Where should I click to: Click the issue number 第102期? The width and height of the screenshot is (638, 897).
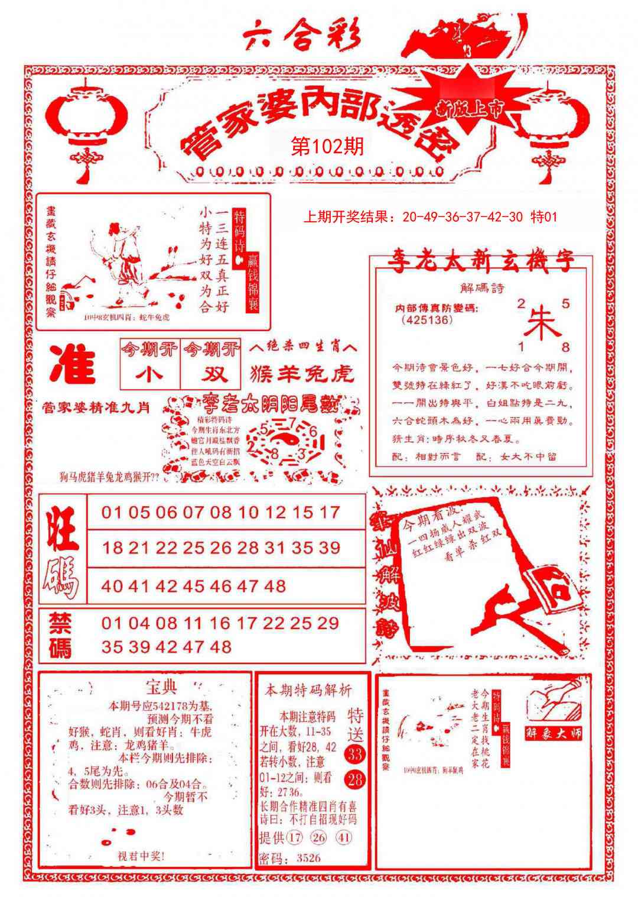coord(328,146)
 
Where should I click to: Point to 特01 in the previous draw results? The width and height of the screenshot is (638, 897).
coord(543,217)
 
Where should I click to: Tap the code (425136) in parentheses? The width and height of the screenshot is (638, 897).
coord(427,320)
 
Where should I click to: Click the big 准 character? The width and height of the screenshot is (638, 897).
coord(73,364)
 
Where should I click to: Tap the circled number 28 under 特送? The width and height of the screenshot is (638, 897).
coord(355,779)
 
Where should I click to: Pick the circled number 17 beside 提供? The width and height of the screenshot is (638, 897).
coord(295,837)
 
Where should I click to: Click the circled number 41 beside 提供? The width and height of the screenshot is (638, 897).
coord(344,837)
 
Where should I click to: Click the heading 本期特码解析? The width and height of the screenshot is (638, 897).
coord(308,690)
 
